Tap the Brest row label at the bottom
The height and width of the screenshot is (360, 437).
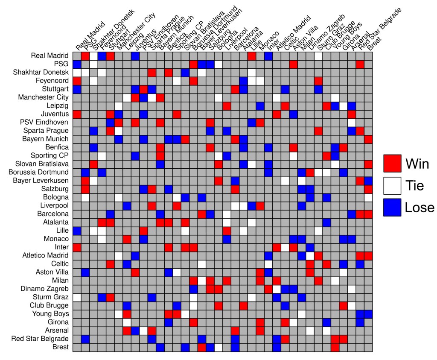click(61, 347)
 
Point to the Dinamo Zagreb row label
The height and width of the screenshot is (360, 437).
click(46, 289)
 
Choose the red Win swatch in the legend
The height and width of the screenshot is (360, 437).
click(392, 163)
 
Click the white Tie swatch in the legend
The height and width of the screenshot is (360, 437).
click(392, 185)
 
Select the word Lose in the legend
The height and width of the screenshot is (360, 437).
click(420, 207)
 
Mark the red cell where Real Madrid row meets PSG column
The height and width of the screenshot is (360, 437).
click(85, 56)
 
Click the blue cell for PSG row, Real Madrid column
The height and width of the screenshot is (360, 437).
click(77, 64)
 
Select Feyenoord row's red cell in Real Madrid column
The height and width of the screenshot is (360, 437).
click(77, 81)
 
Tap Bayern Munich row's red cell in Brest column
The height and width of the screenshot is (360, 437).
click(368, 139)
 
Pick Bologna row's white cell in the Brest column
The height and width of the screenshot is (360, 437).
click(368, 197)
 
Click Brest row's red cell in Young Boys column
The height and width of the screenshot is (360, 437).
click(335, 347)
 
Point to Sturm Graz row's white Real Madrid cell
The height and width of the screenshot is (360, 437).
click(77, 297)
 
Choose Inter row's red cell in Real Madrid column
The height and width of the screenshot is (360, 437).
click(77, 247)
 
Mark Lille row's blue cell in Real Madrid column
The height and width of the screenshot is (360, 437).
click(77, 231)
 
